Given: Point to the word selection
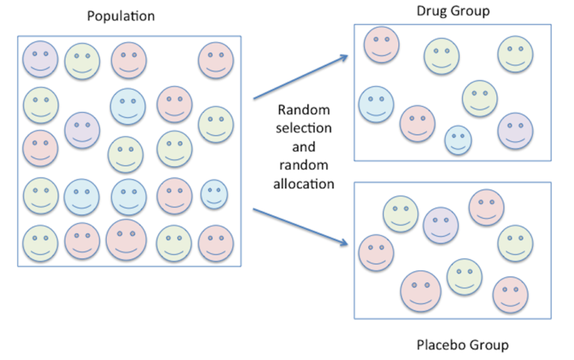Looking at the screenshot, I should click(303, 128).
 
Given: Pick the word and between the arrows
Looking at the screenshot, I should click(303, 146).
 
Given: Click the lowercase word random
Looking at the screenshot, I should click(303, 165).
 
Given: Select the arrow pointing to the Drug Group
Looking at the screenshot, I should click(301, 77).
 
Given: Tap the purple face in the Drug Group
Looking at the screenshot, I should click(515, 131).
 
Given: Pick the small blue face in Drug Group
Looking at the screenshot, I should click(458, 140).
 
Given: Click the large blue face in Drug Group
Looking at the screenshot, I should click(377, 105).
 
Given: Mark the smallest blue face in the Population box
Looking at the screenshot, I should click(215, 194).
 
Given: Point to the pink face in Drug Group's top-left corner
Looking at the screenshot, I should click(381, 44).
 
